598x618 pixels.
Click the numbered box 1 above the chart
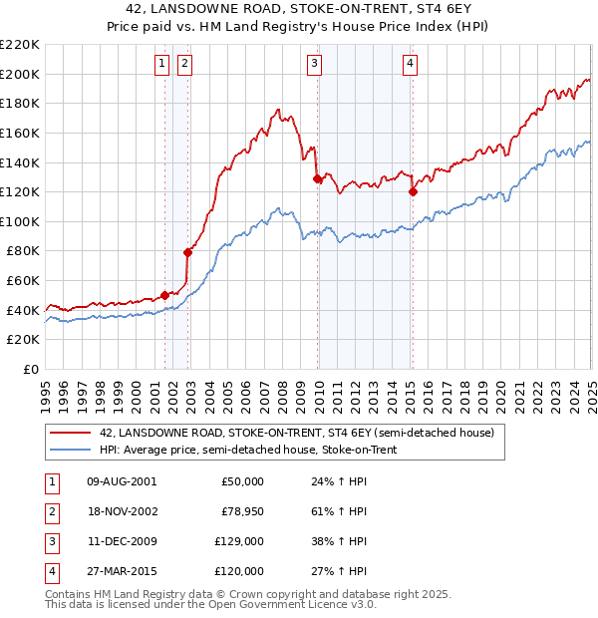161,64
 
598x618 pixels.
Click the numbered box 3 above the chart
314,64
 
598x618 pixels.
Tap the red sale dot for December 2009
317,179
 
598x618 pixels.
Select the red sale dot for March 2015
413,192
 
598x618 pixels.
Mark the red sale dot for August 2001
164,295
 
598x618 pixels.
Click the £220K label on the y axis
21,45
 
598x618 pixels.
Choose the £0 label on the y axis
32,369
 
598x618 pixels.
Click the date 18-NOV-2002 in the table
123,511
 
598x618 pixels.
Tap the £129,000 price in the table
239,542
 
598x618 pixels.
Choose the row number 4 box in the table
50,572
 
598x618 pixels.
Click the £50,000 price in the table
242,481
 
